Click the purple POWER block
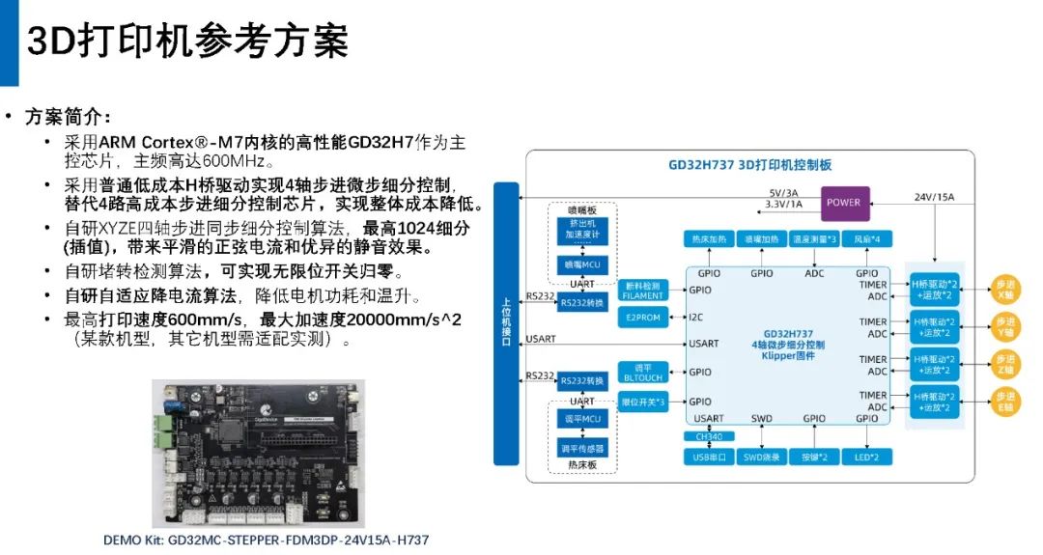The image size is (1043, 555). (843, 203)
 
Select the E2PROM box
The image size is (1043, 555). (642, 317)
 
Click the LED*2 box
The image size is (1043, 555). (865, 456)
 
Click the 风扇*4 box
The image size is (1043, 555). (865, 238)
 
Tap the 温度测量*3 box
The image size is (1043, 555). (812, 238)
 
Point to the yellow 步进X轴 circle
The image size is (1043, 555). (1005, 290)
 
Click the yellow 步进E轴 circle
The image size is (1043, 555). (1005, 402)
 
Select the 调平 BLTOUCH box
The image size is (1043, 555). (642, 373)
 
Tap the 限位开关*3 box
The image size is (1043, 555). (642, 402)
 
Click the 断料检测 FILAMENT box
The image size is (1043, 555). (642, 290)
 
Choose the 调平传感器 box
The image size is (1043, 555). (581, 449)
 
